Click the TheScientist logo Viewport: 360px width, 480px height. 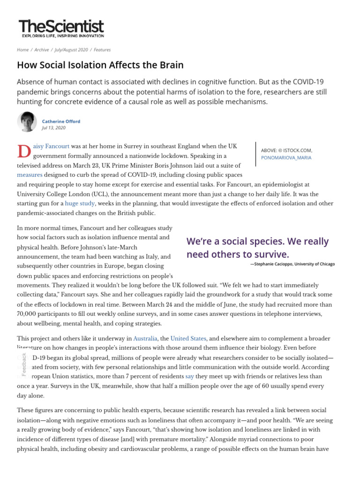(x=61, y=28)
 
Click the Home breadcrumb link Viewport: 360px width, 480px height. (x=22, y=50)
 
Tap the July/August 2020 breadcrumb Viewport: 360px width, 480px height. (x=71, y=50)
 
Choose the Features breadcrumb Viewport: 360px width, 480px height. (x=102, y=50)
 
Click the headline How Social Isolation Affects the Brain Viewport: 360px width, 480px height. (x=100, y=65)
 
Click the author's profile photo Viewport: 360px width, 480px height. (x=27, y=122)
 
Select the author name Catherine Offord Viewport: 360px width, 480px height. (x=61, y=121)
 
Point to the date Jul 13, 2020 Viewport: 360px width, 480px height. (x=54, y=127)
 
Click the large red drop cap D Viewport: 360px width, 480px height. (x=23, y=151)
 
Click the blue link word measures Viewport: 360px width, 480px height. (x=30, y=175)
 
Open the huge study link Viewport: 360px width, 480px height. (x=80, y=203)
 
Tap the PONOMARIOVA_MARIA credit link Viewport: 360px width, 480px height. (x=286, y=157)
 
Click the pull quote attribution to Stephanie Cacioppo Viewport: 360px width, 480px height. (x=292, y=264)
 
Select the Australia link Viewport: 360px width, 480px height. (x=145, y=338)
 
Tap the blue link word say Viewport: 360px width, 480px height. (x=189, y=376)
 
